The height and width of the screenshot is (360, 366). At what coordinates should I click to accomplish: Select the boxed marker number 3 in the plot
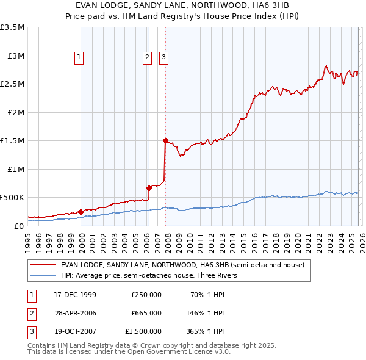pos(164,57)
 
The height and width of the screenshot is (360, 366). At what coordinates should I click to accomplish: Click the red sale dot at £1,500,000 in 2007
pos(165,140)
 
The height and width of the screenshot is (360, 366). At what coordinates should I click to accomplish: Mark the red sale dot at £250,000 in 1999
pos(81,211)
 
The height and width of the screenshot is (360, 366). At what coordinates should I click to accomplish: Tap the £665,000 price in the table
pos(146,313)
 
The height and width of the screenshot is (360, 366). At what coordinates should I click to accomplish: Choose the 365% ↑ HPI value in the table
pos(205,332)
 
